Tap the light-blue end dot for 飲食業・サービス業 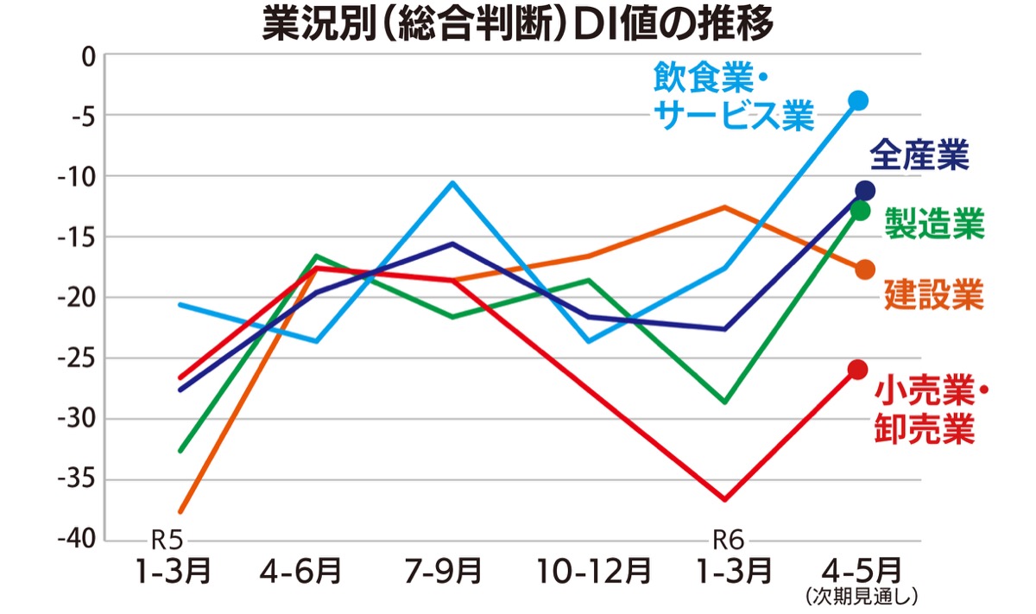pos(857,101)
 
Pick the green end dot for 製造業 pos(859,210)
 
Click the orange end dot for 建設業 pos(865,270)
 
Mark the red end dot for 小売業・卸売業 pos(857,370)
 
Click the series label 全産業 pos(919,156)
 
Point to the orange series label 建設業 pos(935,294)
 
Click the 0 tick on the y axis pos(87,57)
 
